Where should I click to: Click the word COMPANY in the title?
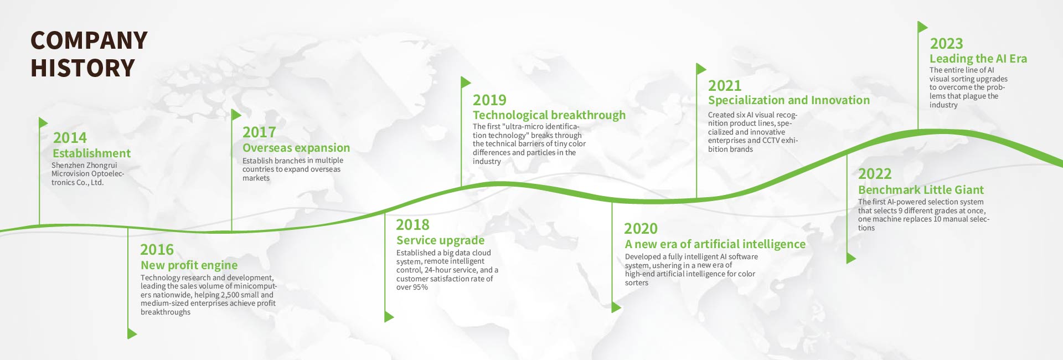pyautogui.click(x=89, y=40)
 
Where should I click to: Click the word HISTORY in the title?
pyautogui.click(x=83, y=68)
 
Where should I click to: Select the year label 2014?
pyautogui.click(x=70, y=137)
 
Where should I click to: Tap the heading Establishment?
pyautogui.click(x=91, y=153)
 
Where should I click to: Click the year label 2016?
pyautogui.click(x=157, y=249)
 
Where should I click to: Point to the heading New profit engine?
pyautogui.click(x=189, y=265)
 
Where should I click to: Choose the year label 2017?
pyautogui.click(x=259, y=132)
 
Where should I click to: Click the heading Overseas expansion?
pyautogui.click(x=296, y=148)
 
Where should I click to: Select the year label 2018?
pyautogui.click(x=412, y=224)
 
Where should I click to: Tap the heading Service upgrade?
pyautogui.click(x=440, y=240)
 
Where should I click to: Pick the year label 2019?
pyautogui.click(x=489, y=100)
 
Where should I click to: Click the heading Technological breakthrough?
pyautogui.click(x=549, y=115)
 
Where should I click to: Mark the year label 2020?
pyautogui.click(x=641, y=228)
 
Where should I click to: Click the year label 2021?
pyautogui.click(x=725, y=85)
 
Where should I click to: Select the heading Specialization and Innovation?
pyautogui.click(x=789, y=100)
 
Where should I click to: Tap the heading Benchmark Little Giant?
pyautogui.click(x=921, y=190)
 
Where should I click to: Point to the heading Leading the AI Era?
pyautogui.click(x=978, y=59)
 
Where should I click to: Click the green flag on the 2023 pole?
pyautogui.click(x=922, y=27)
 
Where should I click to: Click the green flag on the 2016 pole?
pyautogui.click(x=132, y=333)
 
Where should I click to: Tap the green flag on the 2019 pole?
pyautogui.click(x=466, y=83)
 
